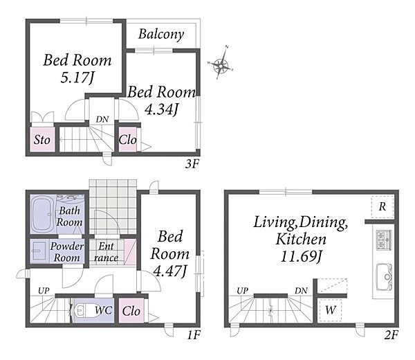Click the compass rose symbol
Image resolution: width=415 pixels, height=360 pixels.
coord(221,64)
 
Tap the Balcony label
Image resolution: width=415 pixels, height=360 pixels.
coord(161,35)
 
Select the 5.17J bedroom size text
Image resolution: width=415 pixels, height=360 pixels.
coord(77,78)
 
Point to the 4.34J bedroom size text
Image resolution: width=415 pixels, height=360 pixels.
coord(162,109)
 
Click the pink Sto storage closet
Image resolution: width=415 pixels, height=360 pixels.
coord(42,139)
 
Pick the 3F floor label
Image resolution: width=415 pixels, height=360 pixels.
coord(192,164)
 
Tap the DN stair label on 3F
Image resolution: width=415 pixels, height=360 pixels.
coord(102,120)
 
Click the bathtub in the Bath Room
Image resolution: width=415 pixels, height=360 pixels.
coord(43,214)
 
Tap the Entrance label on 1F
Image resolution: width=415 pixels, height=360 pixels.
coord(106,252)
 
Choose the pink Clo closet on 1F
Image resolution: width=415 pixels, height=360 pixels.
coord(131,311)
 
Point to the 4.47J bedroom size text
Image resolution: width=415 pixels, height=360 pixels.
coord(170,271)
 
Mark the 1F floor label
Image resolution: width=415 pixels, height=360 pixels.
coord(194,336)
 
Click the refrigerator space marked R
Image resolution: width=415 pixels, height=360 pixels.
coord(382,207)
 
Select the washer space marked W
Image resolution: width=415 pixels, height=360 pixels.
coord(331,309)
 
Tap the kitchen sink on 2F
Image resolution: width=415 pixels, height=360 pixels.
coord(384,277)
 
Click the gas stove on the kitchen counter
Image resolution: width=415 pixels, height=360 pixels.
coord(384,240)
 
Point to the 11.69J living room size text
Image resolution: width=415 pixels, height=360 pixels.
coord(301,256)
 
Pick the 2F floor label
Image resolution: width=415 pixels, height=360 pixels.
coord(391,336)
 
